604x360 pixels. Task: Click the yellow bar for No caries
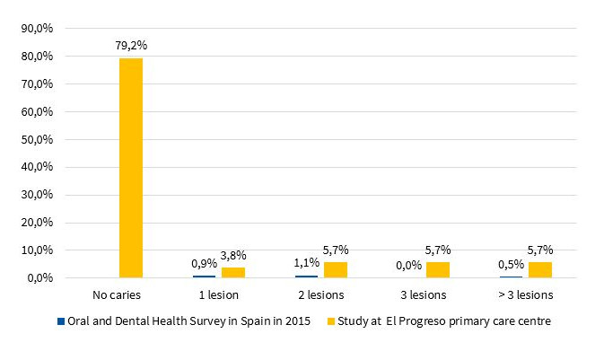click(131, 168)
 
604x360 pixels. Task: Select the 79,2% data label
click(131, 46)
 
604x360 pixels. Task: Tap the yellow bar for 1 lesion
click(233, 272)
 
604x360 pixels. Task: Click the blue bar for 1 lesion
click(204, 277)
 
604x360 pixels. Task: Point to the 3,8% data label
click(234, 254)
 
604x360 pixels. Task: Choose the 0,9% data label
click(204, 264)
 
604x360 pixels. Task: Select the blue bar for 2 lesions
click(306, 277)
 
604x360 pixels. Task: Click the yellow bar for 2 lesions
click(336, 269)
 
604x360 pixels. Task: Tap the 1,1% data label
click(306, 264)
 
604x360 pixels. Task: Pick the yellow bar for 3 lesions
click(438, 269)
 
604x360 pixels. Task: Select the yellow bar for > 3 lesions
click(540, 269)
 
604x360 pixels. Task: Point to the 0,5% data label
click(511, 266)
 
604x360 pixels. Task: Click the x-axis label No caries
click(116, 294)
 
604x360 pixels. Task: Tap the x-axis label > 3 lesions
click(525, 294)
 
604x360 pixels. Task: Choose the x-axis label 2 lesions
click(320, 294)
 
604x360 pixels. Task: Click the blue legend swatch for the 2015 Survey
click(60, 321)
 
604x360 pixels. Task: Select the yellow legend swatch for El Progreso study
click(331, 321)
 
